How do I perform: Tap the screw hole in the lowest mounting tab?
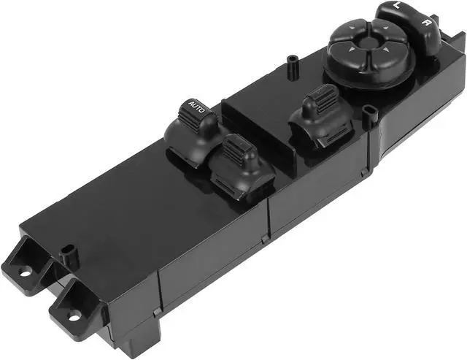(74, 315)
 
